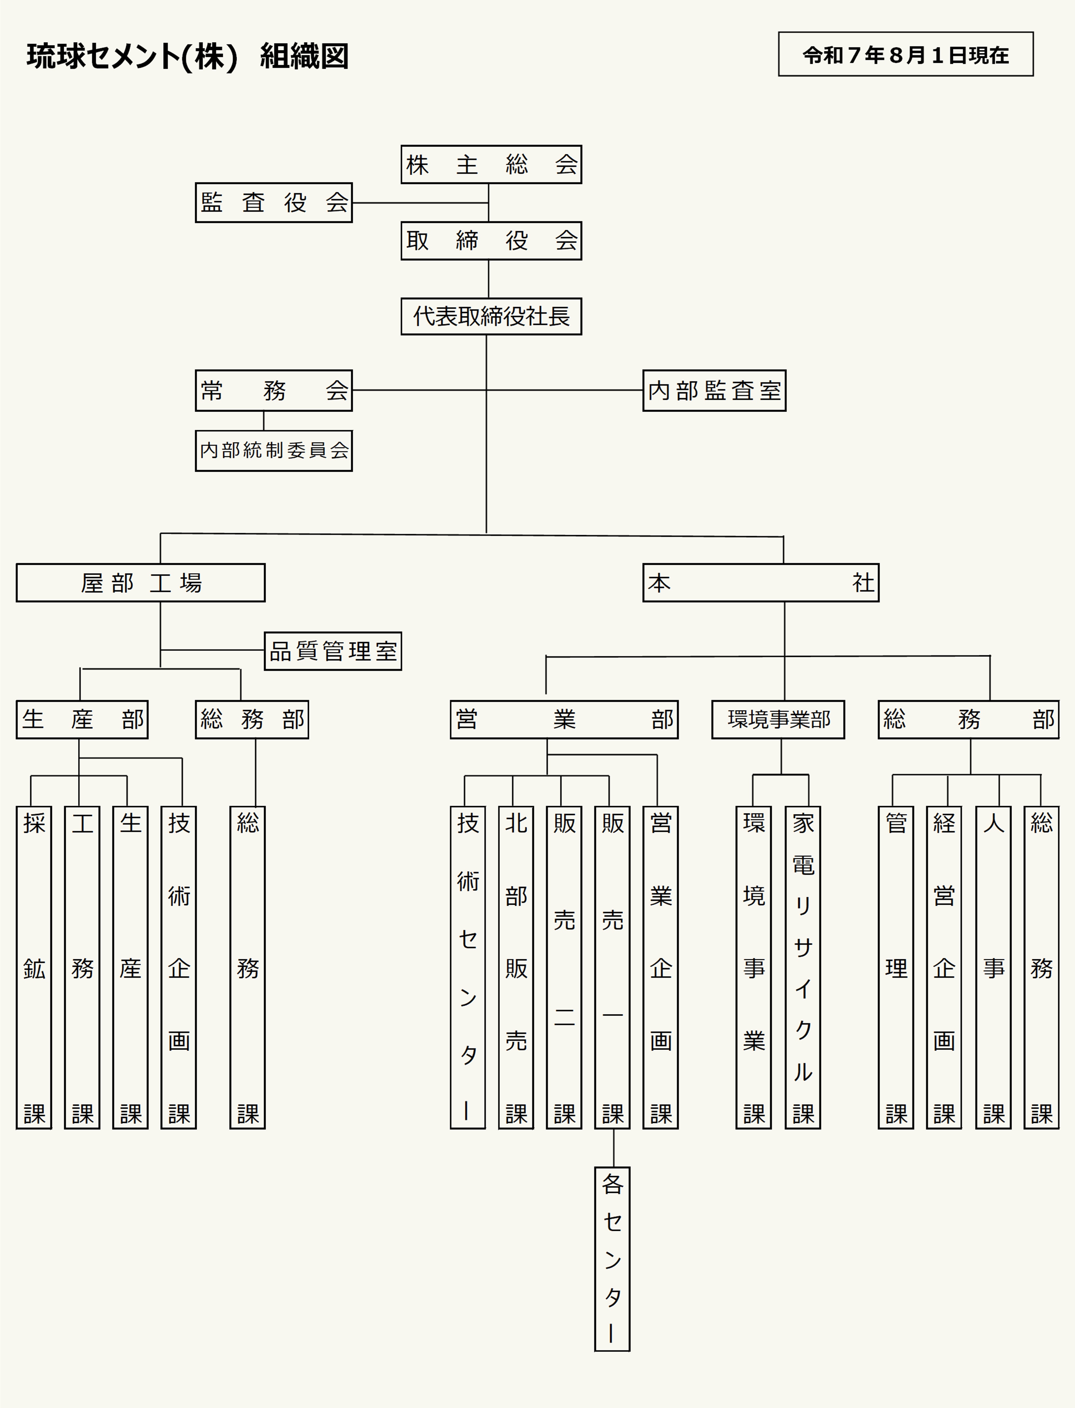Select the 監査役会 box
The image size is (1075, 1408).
click(274, 202)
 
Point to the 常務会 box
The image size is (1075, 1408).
click(274, 390)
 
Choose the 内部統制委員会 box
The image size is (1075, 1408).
click(274, 450)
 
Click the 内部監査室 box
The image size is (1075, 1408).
click(714, 390)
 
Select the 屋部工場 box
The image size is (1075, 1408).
click(141, 583)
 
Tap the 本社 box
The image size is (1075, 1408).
click(761, 583)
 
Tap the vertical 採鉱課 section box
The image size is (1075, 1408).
click(34, 967)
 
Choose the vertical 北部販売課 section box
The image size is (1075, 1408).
click(516, 967)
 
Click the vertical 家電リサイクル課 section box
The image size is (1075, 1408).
click(803, 967)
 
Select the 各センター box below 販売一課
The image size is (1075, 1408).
click(612, 1259)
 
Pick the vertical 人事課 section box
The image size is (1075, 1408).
click(993, 967)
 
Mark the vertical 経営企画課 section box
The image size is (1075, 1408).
click(944, 967)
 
